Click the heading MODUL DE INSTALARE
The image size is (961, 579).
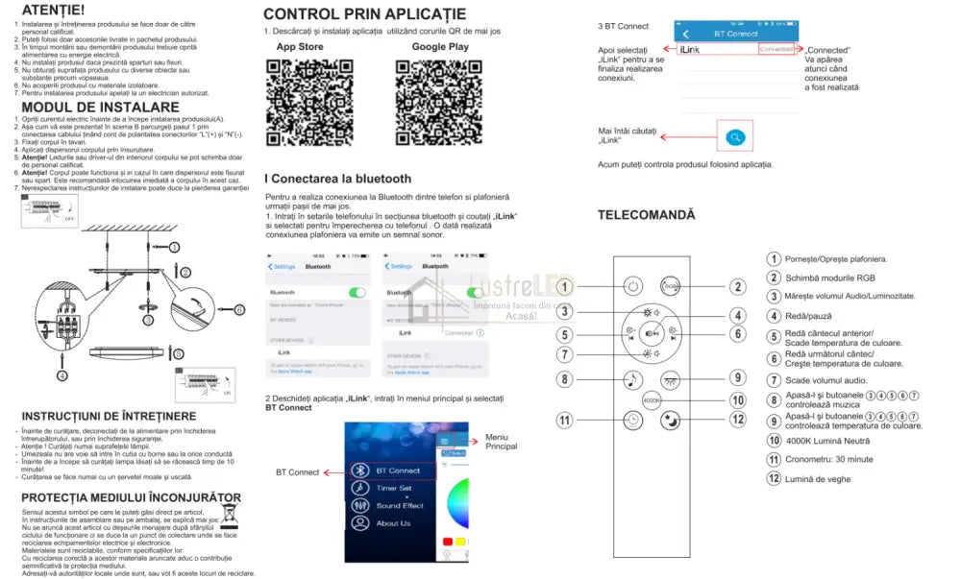click(100, 107)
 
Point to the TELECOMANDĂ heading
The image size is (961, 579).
click(646, 215)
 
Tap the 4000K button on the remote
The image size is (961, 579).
click(653, 400)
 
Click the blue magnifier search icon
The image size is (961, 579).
click(735, 137)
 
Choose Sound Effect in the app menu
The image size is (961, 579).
click(400, 505)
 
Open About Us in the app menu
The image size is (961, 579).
click(394, 523)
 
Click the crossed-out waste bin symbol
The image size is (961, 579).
click(231, 515)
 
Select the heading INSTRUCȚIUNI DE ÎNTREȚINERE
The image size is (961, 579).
click(109, 416)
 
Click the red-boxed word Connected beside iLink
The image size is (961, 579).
click(776, 48)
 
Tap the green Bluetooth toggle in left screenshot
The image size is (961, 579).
click(357, 291)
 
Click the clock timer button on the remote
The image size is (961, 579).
click(633, 420)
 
